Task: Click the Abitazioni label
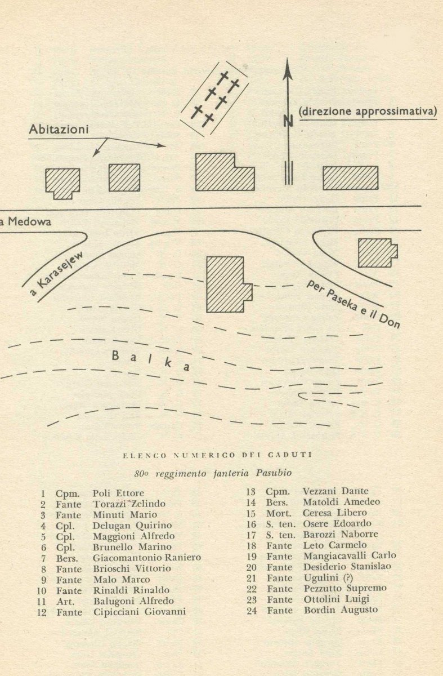pyautogui.click(x=59, y=130)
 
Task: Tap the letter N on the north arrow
pyautogui.click(x=288, y=121)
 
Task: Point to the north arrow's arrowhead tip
pyautogui.click(x=288, y=58)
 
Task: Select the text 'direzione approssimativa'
pyautogui.click(x=368, y=112)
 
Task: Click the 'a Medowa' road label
pyautogui.click(x=26, y=222)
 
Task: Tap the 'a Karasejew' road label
pyautogui.click(x=56, y=274)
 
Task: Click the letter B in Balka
pyautogui.click(x=115, y=356)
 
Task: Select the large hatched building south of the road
pyautogui.click(x=229, y=284)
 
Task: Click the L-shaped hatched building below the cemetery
pyautogui.click(x=225, y=172)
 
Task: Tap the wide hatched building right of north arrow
pyautogui.click(x=351, y=178)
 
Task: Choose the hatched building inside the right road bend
pyautogui.click(x=378, y=253)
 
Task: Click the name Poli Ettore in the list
pyautogui.click(x=118, y=493)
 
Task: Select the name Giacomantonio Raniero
pyautogui.click(x=147, y=557)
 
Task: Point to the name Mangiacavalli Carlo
pyautogui.click(x=350, y=555)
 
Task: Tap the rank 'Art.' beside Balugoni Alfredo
pyautogui.click(x=65, y=602)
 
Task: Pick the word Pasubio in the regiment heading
pyautogui.click(x=274, y=473)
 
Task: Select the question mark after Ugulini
pyautogui.click(x=348, y=577)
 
